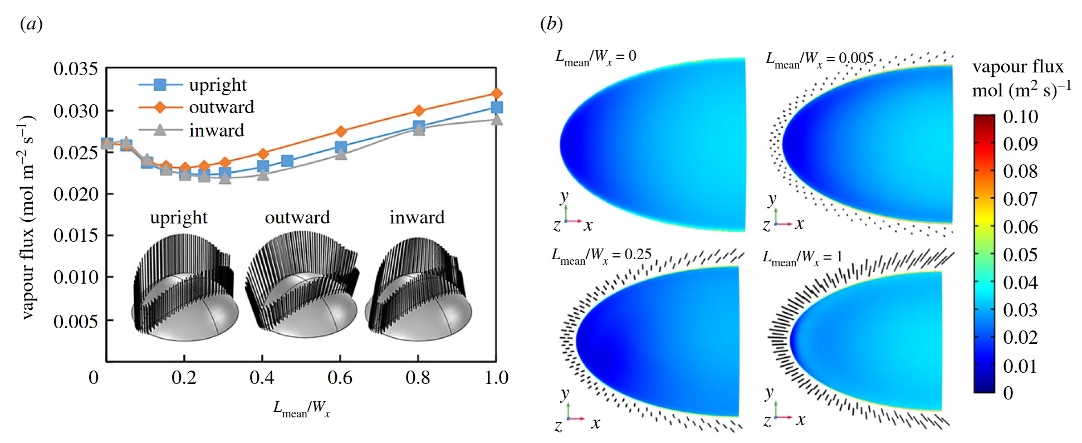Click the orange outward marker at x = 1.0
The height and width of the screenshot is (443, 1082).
click(497, 94)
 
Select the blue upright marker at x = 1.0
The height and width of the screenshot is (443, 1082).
click(497, 108)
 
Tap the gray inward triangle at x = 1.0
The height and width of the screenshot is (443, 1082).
click(497, 119)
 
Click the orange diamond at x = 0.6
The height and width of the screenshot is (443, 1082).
click(341, 132)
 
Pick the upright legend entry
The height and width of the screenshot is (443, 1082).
click(217, 85)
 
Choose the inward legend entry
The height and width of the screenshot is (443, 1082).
click(216, 130)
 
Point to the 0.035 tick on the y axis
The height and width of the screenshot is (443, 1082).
click(76, 69)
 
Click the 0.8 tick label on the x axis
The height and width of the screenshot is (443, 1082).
click(418, 378)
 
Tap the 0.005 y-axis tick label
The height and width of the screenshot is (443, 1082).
click(76, 322)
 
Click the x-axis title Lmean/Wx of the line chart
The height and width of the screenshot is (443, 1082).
click(301, 409)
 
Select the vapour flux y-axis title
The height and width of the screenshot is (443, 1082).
click(27, 217)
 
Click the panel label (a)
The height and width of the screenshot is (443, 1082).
click(31, 24)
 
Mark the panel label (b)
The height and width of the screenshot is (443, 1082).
click(551, 24)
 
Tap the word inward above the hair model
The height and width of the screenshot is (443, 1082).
click(417, 217)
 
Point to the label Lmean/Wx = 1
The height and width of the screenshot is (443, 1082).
click(802, 257)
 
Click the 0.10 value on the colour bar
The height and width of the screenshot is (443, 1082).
click(1020, 117)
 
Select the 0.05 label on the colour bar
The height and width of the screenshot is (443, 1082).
click(1020, 255)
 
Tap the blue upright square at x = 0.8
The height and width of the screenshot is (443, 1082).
click(419, 126)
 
